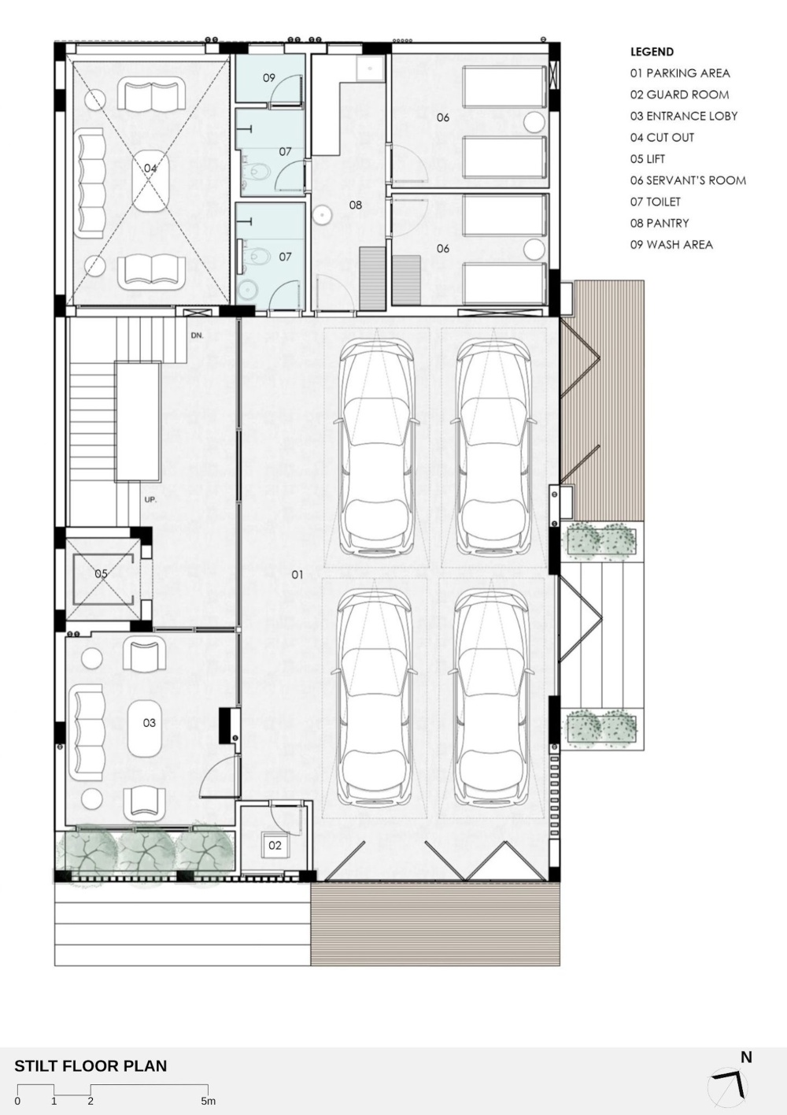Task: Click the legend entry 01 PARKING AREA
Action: click(680, 73)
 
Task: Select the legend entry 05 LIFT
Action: click(647, 159)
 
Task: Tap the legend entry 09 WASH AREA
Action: click(671, 244)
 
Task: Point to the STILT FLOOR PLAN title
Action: click(91, 1065)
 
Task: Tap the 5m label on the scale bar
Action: click(209, 1101)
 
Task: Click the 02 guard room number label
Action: click(275, 845)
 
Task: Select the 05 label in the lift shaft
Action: click(101, 573)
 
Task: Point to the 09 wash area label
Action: click(268, 78)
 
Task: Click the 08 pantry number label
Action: click(355, 205)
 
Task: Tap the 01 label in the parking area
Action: click(297, 575)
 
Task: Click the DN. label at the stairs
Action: click(197, 335)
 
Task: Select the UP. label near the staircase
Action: click(150, 500)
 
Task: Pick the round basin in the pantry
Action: click(323, 214)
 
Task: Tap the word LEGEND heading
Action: click(652, 52)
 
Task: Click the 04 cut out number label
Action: click(150, 169)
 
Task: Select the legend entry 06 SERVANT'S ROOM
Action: click(688, 180)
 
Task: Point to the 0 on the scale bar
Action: click(17, 1101)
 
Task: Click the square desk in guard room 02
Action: click(275, 845)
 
